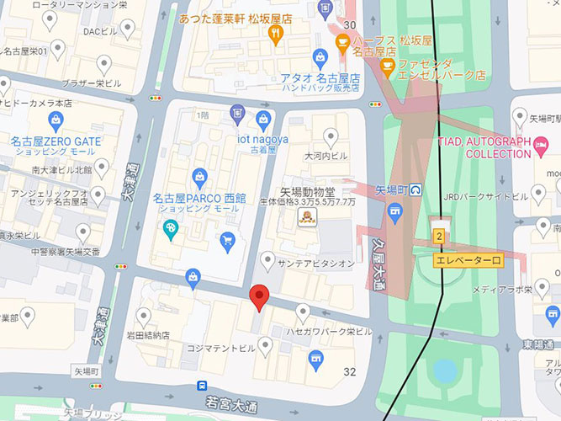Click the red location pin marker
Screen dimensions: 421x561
(x=260, y=296)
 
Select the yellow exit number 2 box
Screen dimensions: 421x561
(x=439, y=236)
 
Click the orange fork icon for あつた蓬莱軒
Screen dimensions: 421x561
(x=274, y=35)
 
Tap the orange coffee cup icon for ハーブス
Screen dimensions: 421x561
(x=342, y=42)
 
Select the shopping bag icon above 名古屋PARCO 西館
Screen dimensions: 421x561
(x=198, y=176)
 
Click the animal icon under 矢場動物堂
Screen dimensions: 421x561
(x=309, y=219)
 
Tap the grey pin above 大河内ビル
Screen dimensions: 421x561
(x=331, y=136)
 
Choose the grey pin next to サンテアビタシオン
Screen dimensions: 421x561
(x=267, y=261)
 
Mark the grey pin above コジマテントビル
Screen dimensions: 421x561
(x=267, y=344)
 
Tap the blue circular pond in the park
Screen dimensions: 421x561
(x=445, y=370)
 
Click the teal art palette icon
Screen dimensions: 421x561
(x=171, y=228)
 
